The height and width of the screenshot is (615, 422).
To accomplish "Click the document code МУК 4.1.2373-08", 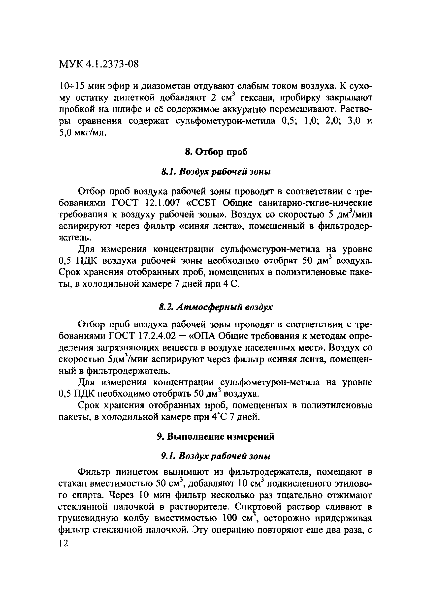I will pyautogui.click(x=98, y=64).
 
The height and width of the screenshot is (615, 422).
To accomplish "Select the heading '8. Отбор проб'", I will pyautogui.click(x=216, y=152).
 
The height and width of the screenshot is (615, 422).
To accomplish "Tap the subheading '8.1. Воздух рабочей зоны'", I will pyautogui.click(x=216, y=172).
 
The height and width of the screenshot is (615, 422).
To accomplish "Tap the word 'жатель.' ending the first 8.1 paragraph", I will pyautogui.click(x=75, y=238).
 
